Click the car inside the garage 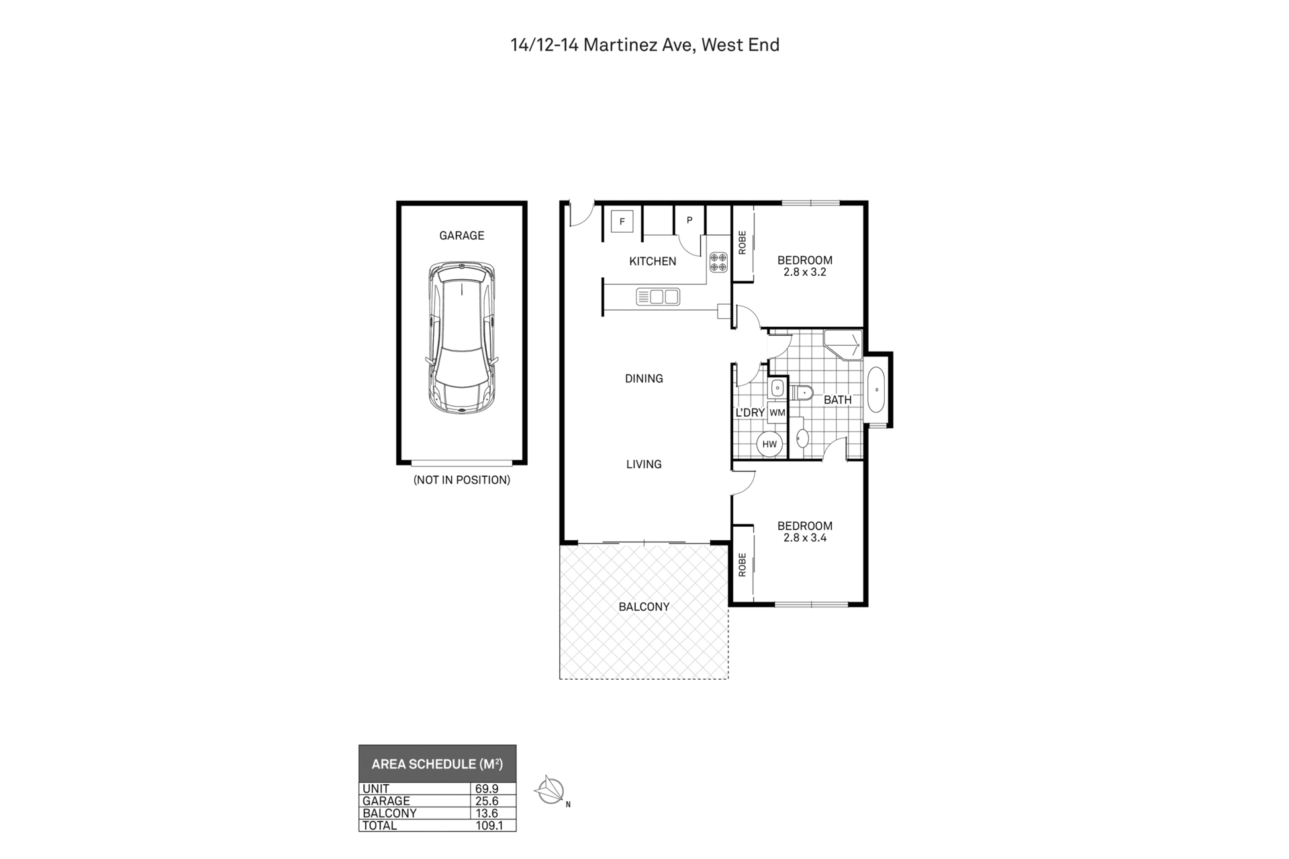[x=462, y=338]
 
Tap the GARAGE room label [x=462, y=236]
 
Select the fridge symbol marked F [x=622, y=221]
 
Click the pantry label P [x=689, y=220]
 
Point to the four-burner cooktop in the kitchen [x=718, y=262]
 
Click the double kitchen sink [x=658, y=296]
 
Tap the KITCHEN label [x=653, y=262]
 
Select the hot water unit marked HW [x=769, y=444]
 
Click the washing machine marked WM [x=777, y=413]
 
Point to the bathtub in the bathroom [x=877, y=390]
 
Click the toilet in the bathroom [x=803, y=392]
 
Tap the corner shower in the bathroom [x=843, y=345]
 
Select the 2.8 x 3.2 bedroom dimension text [x=805, y=272]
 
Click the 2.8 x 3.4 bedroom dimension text [x=805, y=538]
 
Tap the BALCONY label [x=644, y=607]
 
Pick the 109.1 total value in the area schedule [x=489, y=825]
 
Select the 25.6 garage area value [x=487, y=801]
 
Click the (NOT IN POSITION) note [x=462, y=480]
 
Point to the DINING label [x=644, y=378]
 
